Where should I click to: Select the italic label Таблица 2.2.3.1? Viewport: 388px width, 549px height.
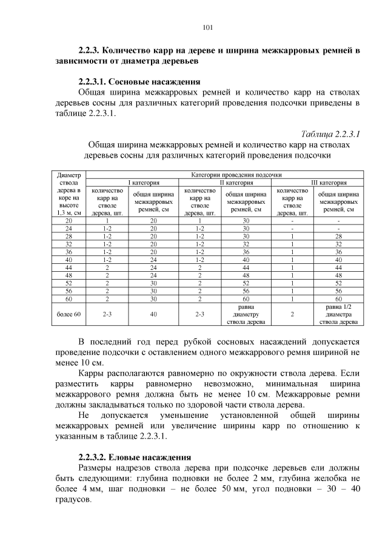(x=330, y=133)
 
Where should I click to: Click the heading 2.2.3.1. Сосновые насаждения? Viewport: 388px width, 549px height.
(x=139, y=81)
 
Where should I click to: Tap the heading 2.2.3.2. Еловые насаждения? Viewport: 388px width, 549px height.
(x=135, y=457)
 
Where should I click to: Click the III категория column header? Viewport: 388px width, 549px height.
(x=321, y=182)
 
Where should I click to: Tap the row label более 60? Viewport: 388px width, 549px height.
(x=69, y=315)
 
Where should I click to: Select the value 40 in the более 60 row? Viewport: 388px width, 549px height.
(x=153, y=315)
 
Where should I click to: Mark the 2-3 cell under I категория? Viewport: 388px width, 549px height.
(x=107, y=315)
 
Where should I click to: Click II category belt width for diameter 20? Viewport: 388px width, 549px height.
(x=246, y=221)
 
